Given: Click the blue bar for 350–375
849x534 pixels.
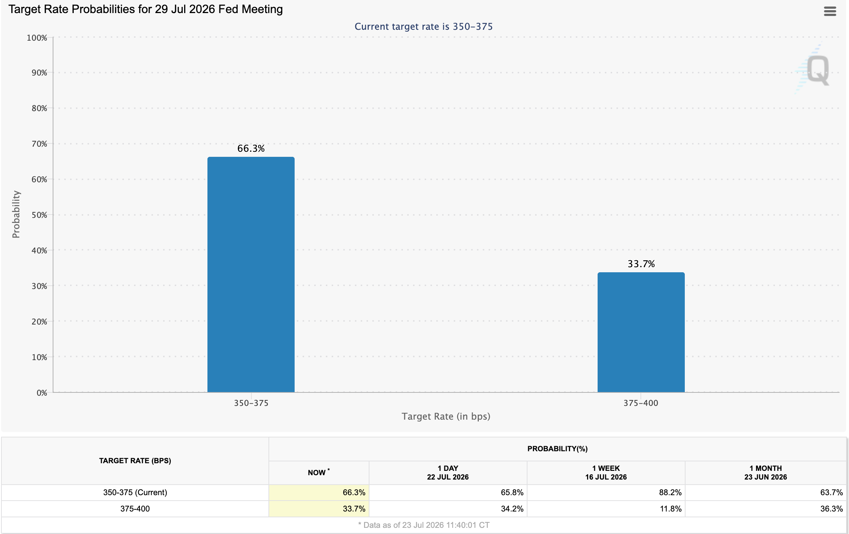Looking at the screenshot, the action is tap(251, 274).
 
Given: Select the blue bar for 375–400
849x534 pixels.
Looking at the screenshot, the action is tap(641, 332).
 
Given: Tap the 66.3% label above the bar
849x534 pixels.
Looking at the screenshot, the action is tap(251, 148).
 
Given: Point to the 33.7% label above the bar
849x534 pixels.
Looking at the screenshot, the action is tap(641, 264).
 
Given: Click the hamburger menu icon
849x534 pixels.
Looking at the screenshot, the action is tap(830, 11).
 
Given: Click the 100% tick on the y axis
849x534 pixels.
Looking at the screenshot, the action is tap(37, 38).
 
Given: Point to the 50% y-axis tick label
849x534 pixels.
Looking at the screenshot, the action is tap(39, 215).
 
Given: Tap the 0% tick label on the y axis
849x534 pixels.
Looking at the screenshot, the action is tap(42, 393).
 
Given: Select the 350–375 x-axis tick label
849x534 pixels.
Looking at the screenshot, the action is tap(251, 403).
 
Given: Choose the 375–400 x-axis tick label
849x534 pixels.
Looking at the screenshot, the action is tap(641, 403).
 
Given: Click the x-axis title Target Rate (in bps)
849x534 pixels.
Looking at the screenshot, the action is tap(446, 416).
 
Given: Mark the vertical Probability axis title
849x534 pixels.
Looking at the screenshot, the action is tap(16, 214).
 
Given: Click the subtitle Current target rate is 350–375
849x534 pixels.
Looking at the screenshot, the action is tap(424, 27).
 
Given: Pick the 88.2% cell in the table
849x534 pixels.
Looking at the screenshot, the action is tap(670, 492).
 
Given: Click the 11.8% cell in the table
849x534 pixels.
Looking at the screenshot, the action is tap(671, 509).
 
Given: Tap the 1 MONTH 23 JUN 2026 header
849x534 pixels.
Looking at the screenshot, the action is tap(765, 473).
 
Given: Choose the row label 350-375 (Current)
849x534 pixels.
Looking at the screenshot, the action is tap(135, 492).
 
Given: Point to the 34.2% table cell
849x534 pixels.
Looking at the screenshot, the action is tap(512, 509).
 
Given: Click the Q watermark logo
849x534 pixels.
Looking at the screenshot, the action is tap(815, 69).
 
